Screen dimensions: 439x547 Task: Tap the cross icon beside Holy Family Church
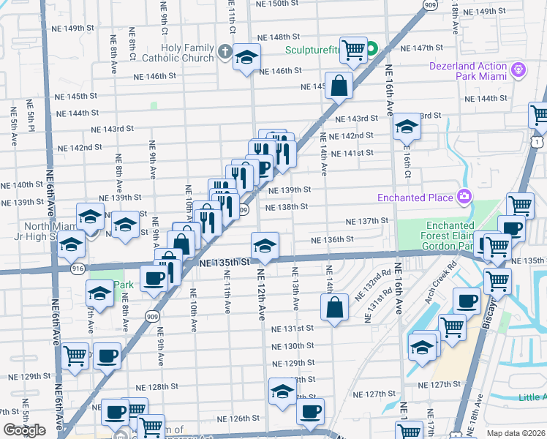tap(225, 53)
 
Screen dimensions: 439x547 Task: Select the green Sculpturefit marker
tap(371, 50)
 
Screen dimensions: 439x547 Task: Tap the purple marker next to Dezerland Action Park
tap(520, 69)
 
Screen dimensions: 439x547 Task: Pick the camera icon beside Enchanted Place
tap(464, 197)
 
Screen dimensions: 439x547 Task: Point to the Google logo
tap(24, 430)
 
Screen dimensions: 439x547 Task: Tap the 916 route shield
tap(78, 269)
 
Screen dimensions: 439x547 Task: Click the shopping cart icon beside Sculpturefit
tap(353, 50)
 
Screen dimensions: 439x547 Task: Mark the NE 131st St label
tap(294, 329)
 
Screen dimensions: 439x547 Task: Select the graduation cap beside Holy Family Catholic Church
tap(247, 56)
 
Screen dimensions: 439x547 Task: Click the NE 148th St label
tap(279, 36)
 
